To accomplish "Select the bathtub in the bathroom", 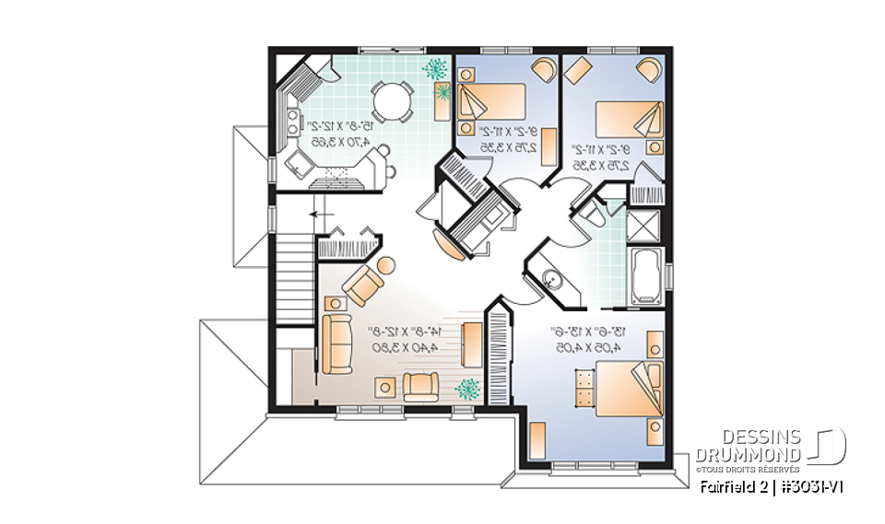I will pos(643,274).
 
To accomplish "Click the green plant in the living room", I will pos(468,389).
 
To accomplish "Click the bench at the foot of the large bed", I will pos(581,388).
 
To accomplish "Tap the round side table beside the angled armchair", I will pos(385,265).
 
